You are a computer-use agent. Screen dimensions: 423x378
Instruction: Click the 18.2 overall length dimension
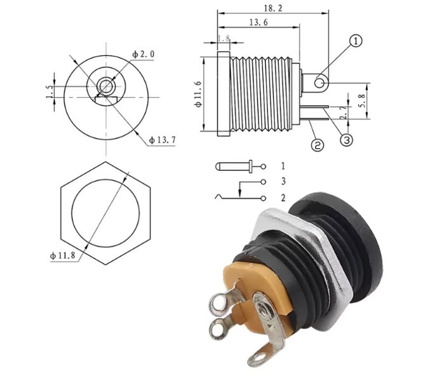[273, 8]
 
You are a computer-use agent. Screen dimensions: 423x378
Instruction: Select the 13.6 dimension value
[258, 22]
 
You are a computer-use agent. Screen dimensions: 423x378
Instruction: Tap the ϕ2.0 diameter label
[144, 54]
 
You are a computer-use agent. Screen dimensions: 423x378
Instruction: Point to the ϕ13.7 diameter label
[163, 140]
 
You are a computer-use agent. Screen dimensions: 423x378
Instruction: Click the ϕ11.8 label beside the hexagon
[63, 255]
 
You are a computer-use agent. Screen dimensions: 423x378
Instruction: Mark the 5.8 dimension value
[363, 100]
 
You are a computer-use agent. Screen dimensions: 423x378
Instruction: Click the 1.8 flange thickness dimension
[224, 38]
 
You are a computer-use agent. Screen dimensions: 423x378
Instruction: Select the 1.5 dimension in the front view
[50, 92]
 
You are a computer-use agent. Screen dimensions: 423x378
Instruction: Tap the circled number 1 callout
[356, 41]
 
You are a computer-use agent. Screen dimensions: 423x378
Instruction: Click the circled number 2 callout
[318, 145]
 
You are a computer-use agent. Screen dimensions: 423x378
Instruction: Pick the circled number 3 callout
[346, 140]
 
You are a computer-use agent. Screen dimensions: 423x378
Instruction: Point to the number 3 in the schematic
[283, 181]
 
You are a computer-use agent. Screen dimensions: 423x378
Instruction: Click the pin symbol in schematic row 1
[234, 166]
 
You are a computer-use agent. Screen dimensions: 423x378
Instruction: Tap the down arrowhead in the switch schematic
[239, 193]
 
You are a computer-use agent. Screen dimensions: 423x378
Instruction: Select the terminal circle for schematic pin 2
[263, 198]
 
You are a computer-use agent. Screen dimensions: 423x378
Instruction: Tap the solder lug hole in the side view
[320, 83]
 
